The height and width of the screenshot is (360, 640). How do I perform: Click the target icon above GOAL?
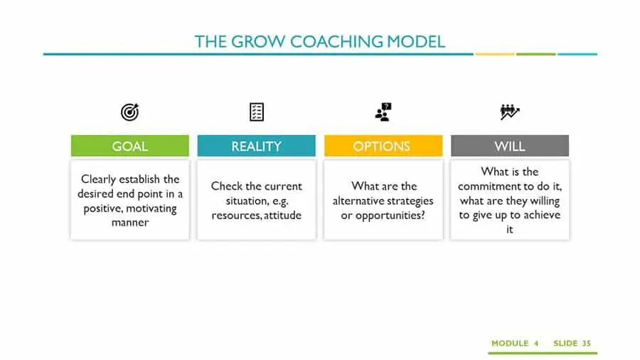pos(130,112)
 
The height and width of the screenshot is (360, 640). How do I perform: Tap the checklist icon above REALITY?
pos(256,112)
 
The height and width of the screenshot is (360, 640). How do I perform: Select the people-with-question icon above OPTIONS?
pos(383,112)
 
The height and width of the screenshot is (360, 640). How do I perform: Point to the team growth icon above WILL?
pos(509,112)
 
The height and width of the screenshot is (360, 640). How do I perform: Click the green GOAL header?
pos(130,146)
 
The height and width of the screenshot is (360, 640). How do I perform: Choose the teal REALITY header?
pos(256,146)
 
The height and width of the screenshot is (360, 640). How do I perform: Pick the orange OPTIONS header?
pos(383,146)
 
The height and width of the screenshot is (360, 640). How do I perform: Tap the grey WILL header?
pos(510,146)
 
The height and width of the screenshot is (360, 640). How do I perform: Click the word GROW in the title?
pos(258,42)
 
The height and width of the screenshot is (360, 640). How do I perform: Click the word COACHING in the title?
pos(336,42)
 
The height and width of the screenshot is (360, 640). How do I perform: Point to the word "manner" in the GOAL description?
pos(130,223)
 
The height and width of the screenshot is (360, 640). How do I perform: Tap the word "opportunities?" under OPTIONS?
pos(390,216)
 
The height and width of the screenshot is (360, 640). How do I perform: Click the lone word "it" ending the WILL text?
pos(509,229)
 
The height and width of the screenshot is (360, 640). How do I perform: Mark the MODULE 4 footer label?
pos(515,343)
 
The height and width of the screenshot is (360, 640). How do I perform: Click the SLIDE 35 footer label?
pos(572,343)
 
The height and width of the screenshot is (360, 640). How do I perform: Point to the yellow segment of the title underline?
pos(495,54)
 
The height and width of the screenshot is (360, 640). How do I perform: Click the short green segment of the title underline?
pos(536,54)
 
